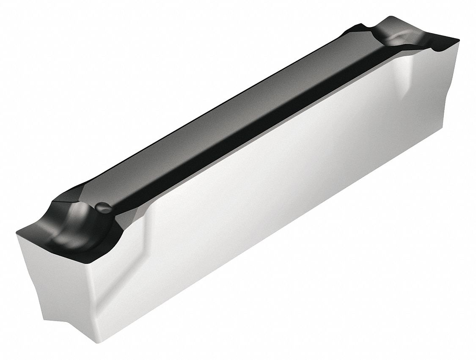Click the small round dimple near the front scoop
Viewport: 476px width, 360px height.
click(x=104, y=207)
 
